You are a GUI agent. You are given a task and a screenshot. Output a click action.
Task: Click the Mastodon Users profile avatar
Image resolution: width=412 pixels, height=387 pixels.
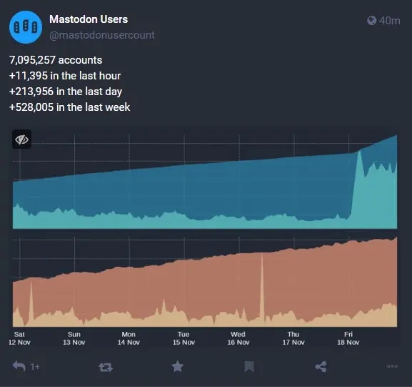(x=25, y=26)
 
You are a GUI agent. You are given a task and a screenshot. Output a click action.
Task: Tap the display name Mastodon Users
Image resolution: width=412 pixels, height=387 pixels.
(x=89, y=19)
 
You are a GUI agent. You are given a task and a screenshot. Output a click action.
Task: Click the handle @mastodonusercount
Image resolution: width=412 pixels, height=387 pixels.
(x=101, y=34)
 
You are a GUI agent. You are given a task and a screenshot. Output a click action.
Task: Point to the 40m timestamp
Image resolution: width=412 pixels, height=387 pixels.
(x=390, y=21)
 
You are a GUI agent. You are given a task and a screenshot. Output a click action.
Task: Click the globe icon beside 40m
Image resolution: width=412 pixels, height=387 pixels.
(x=371, y=21)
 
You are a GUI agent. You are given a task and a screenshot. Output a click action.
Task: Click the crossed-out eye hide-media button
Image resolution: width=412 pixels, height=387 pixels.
(x=22, y=139)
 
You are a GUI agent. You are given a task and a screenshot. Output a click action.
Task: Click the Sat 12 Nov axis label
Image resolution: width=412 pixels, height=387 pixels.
(x=19, y=338)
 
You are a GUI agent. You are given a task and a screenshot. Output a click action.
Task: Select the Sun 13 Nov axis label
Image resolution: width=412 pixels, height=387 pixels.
(x=74, y=338)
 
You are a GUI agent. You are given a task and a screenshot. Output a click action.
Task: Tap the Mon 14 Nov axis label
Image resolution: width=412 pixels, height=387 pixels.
(x=129, y=338)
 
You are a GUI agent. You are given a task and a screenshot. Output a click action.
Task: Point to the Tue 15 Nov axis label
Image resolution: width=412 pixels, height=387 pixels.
(x=184, y=338)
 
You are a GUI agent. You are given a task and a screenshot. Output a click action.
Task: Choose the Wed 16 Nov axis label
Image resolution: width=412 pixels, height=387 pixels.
(x=238, y=338)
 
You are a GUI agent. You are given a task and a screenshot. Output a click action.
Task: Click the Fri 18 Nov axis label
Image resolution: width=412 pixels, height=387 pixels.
(x=348, y=338)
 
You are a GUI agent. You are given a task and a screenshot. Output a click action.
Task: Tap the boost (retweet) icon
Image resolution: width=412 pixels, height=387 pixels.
(x=106, y=367)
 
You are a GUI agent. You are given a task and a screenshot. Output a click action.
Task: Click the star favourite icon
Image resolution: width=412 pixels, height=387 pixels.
(x=177, y=366)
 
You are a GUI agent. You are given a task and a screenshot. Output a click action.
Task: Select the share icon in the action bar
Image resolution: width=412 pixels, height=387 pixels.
(x=321, y=366)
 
